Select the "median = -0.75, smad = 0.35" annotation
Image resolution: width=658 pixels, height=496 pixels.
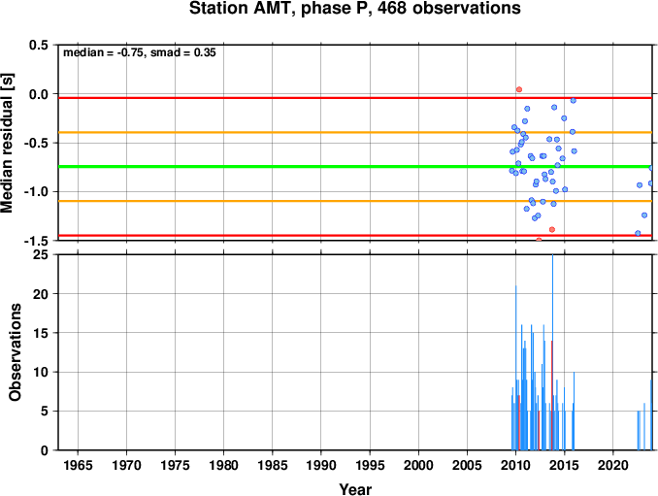tap(140, 52)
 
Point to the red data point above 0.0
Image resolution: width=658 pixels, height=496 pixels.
tap(519, 89)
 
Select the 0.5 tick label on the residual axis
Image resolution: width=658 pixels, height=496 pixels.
tap(38, 45)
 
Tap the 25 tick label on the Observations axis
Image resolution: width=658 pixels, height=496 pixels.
tap(41, 254)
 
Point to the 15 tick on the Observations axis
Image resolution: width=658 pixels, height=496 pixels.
tap(41, 333)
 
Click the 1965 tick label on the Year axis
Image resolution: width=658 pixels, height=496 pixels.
tap(78, 465)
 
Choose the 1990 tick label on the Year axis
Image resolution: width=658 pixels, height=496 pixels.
tap(321, 465)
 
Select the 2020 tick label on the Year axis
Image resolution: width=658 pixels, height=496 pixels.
tap(613, 465)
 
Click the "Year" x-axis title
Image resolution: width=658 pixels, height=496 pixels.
tap(355, 489)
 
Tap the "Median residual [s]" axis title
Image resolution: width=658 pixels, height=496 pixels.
tap(7, 143)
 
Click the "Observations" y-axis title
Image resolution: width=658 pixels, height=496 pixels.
tap(15, 352)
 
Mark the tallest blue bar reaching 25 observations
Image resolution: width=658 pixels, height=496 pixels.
tap(552, 352)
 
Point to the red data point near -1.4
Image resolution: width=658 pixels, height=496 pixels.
tap(552, 229)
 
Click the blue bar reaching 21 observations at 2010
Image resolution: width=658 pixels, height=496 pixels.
tap(515, 368)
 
